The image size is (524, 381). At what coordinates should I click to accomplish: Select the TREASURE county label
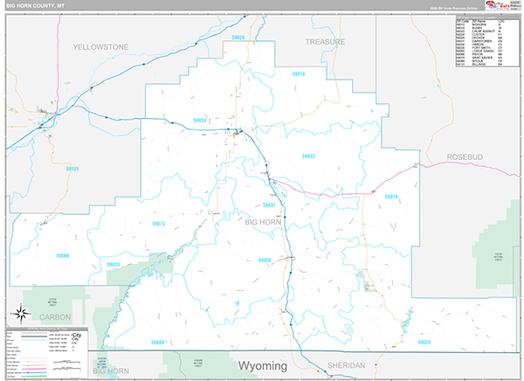[x=326, y=41]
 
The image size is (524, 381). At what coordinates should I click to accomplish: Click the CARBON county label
[x=53, y=316]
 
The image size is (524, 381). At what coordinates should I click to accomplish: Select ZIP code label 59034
[x=199, y=121]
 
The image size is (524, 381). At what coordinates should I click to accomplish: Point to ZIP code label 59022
[x=308, y=156]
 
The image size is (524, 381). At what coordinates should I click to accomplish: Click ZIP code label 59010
[x=299, y=74]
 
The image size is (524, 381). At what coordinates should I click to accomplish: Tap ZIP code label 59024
[x=238, y=38]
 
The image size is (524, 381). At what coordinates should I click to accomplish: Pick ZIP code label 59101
[x=72, y=169]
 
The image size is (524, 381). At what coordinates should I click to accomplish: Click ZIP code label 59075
[x=158, y=224]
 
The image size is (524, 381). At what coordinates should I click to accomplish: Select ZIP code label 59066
[x=62, y=255]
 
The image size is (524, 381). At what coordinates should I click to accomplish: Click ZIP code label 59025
[x=424, y=342]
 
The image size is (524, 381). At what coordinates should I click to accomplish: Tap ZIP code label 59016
[x=390, y=197]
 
